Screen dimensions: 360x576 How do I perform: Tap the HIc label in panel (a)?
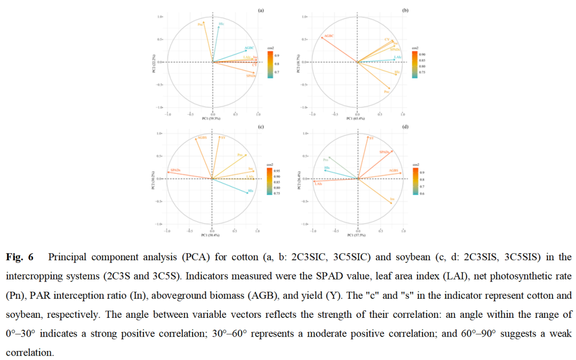click(221, 24)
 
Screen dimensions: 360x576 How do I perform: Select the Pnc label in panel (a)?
click(201, 24)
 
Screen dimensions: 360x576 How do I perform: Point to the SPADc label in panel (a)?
click(251, 76)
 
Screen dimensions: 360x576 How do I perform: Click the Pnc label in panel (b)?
click(386, 92)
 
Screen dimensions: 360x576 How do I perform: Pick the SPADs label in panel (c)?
click(175, 170)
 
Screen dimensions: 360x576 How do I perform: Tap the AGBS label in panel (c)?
click(202, 138)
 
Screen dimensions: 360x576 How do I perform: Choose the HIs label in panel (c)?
click(251, 190)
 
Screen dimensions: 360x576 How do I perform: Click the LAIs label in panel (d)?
click(318, 183)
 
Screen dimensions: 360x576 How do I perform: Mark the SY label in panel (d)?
click(371, 138)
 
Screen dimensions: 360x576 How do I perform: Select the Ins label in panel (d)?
click(392, 199)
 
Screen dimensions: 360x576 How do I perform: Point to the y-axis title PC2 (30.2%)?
click(154, 179)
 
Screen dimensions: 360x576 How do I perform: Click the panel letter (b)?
click(405, 10)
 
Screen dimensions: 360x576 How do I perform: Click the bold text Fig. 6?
click(20, 257)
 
